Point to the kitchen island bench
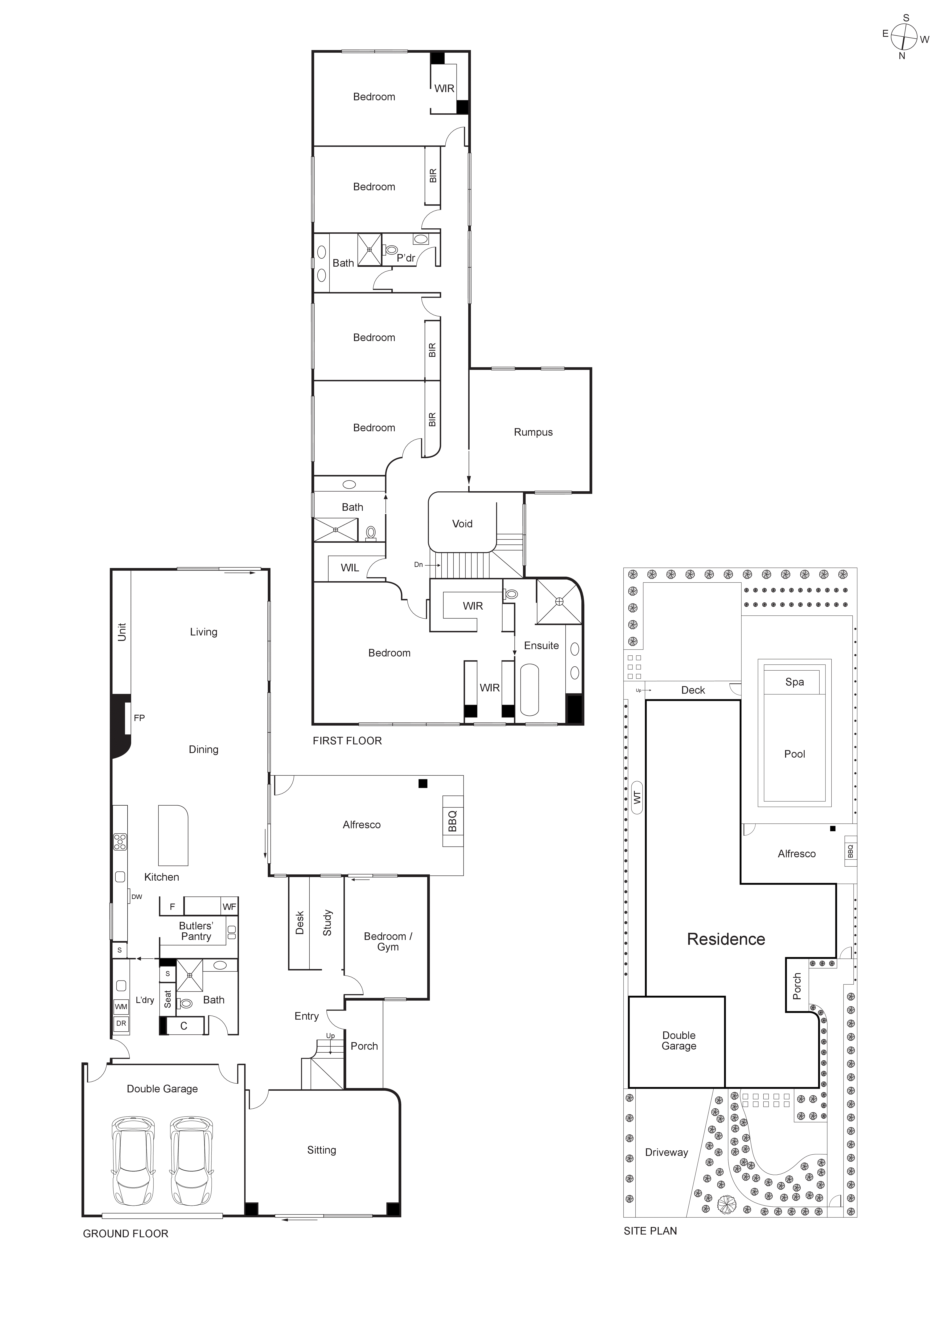173,835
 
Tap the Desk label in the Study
300,923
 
